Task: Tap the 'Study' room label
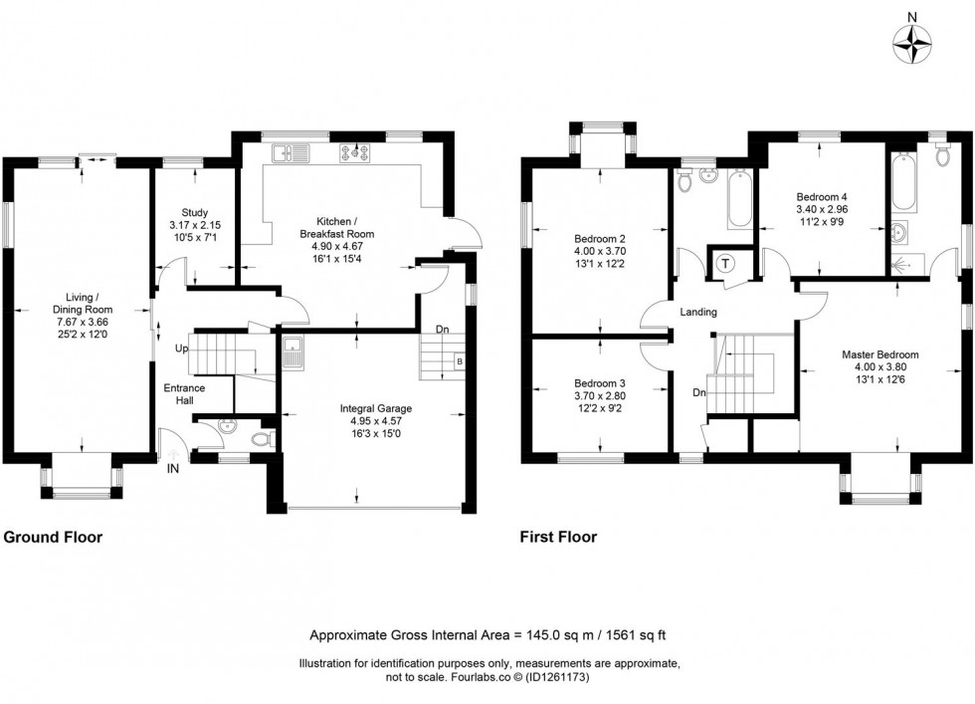(x=194, y=212)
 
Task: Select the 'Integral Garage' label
(x=375, y=408)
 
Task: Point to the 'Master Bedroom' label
(x=879, y=353)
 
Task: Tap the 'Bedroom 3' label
(x=599, y=383)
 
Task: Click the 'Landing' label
(x=699, y=313)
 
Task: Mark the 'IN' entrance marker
(x=173, y=468)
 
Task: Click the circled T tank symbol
(x=724, y=264)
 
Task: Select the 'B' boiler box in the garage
(x=459, y=360)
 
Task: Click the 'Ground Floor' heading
(x=53, y=538)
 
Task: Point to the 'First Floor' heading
(x=558, y=538)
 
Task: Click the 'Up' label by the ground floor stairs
(x=181, y=350)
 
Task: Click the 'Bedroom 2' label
(x=599, y=239)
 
